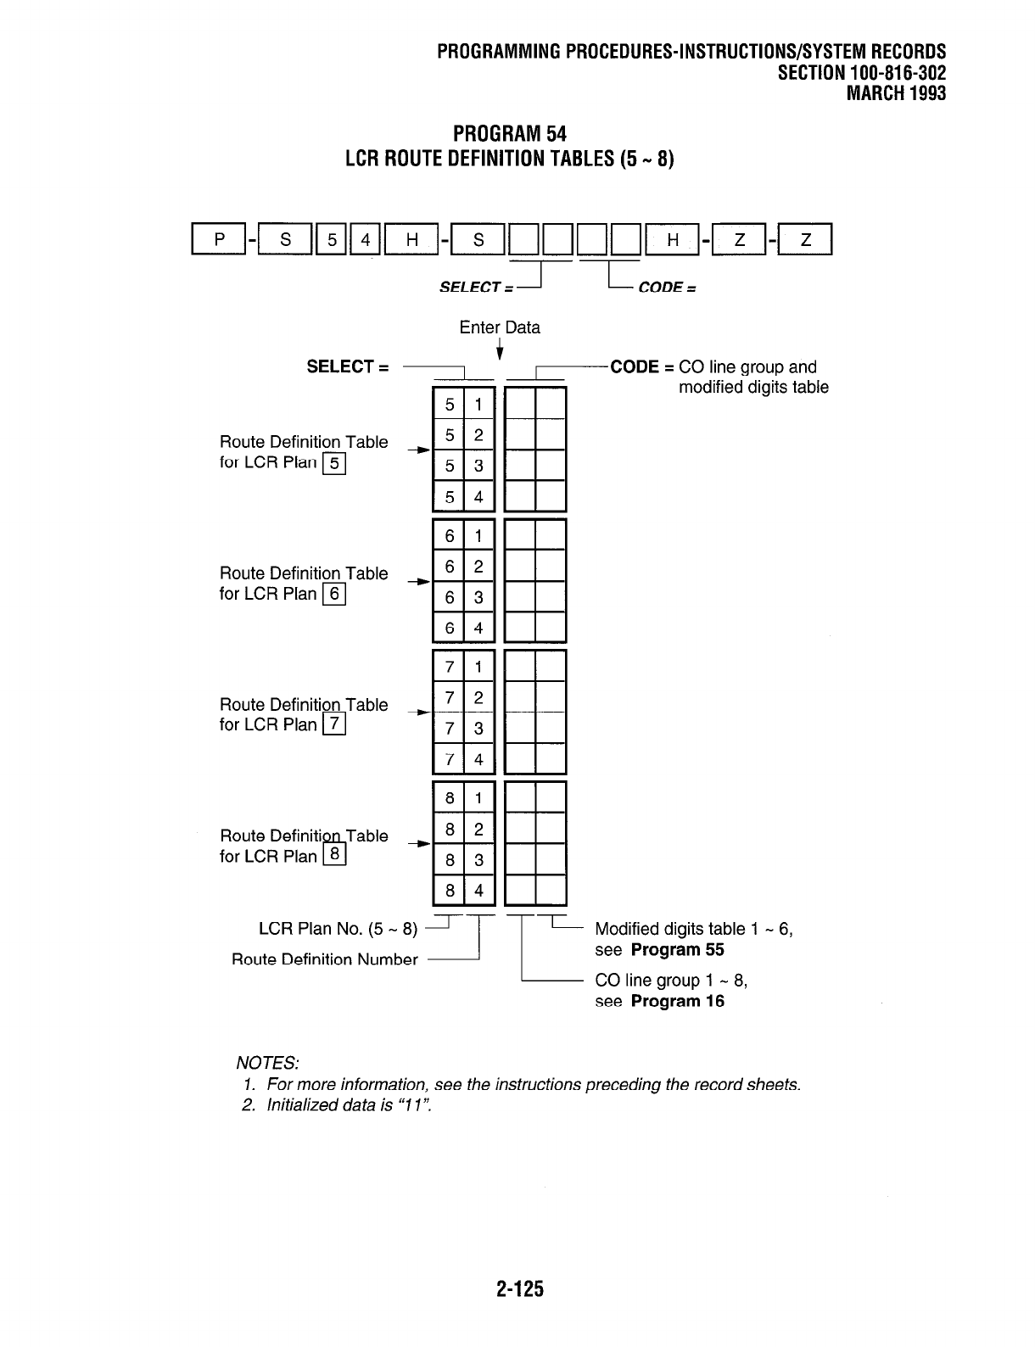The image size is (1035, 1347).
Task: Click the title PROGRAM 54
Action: (509, 134)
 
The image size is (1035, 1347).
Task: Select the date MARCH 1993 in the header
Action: (896, 92)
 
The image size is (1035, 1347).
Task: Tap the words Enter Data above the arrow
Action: (500, 327)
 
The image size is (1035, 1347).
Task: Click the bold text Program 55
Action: (678, 949)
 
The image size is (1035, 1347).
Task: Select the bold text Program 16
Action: (678, 1001)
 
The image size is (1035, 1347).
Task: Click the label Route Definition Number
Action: (325, 959)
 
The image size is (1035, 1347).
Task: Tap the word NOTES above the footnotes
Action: (266, 1063)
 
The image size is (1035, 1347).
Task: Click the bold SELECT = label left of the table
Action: (348, 367)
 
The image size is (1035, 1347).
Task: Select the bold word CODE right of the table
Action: (635, 367)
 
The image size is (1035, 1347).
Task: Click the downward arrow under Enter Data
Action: (501, 349)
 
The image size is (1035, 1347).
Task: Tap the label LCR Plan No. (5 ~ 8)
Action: (338, 929)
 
